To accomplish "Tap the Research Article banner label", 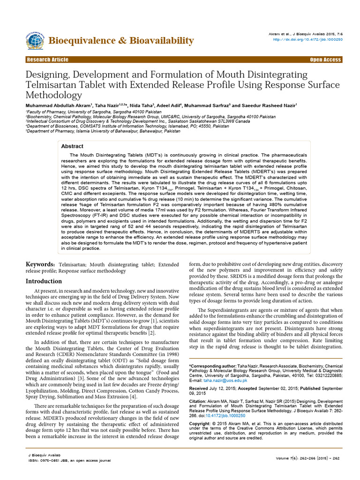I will [47, 60].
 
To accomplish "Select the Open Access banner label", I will [325, 60].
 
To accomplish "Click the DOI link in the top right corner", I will [307, 39].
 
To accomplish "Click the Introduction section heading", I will [43, 281].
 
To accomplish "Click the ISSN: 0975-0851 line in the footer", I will [70, 460].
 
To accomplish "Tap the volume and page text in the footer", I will [307, 457].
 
